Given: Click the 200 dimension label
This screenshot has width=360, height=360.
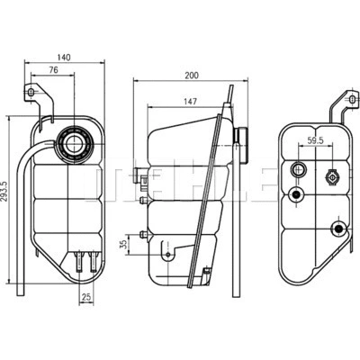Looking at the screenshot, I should [x=189, y=76].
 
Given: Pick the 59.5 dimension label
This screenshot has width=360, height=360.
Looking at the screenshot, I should [x=316, y=141].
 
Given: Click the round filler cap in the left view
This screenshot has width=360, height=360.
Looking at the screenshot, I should [x=72, y=143].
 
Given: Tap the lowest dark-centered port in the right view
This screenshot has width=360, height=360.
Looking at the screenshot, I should [x=337, y=228].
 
